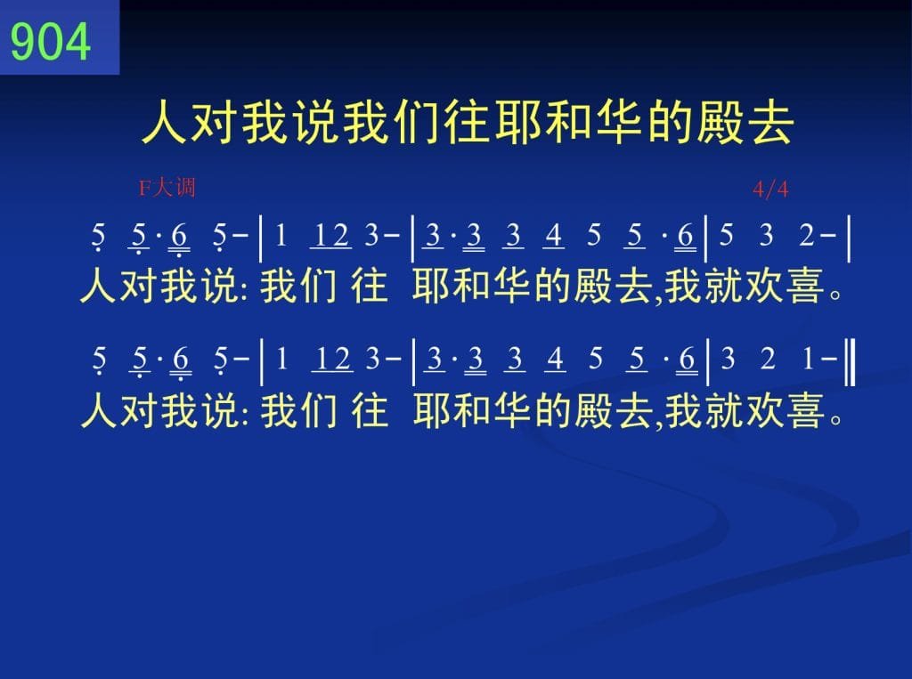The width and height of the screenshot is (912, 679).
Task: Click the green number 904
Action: coord(51,41)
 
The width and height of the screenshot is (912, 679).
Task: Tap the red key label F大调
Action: coord(167,188)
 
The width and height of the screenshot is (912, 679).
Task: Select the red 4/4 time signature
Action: coord(770,190)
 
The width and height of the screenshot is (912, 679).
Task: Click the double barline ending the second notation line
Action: coord(850,363)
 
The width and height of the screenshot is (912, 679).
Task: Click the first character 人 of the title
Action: coord(165,122)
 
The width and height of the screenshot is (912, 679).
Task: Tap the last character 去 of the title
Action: coord(770,122)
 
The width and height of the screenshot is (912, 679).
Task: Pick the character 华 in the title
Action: coord(619,122)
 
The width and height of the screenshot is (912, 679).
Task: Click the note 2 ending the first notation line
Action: coord(807,236)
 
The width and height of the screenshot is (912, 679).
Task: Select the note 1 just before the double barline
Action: coord(808,359)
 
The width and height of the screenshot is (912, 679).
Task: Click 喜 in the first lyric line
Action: coord(806,286)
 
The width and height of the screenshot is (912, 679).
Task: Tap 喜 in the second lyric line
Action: coord(806,410)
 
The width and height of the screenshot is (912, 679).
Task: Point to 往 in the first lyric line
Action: coord(370,286)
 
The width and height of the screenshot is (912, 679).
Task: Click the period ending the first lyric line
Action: coord(835,295)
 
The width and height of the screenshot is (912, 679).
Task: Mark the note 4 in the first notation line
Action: coord(554,236)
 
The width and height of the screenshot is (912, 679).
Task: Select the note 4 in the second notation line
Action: coord(556,359)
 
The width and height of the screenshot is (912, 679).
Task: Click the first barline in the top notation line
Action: coord(261,238)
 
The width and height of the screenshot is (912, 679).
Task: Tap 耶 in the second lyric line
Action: coord(432,410)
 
